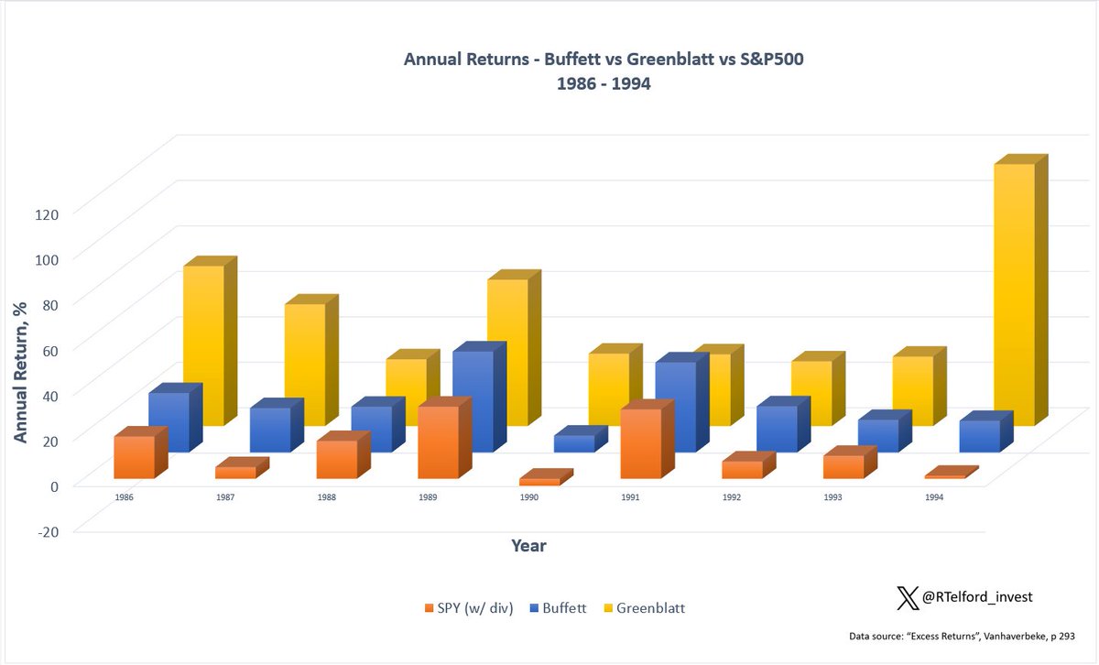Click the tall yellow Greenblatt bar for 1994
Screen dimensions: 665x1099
click(x=1014, y=293)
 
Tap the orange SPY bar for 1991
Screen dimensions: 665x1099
click(x=641, y=443)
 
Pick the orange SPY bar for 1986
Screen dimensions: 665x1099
click(x=135, y=457)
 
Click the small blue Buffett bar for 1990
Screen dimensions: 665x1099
click(x=574, y=443)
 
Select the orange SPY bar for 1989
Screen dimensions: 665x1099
click(x=438, y=442)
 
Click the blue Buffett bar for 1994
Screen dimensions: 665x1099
click(x=979, y=436)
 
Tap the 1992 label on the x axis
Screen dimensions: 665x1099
click(x=731, y=497)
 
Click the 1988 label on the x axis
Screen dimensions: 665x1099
click(x=326, y=497)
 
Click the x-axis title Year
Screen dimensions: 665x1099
click(x=528, y=546)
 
